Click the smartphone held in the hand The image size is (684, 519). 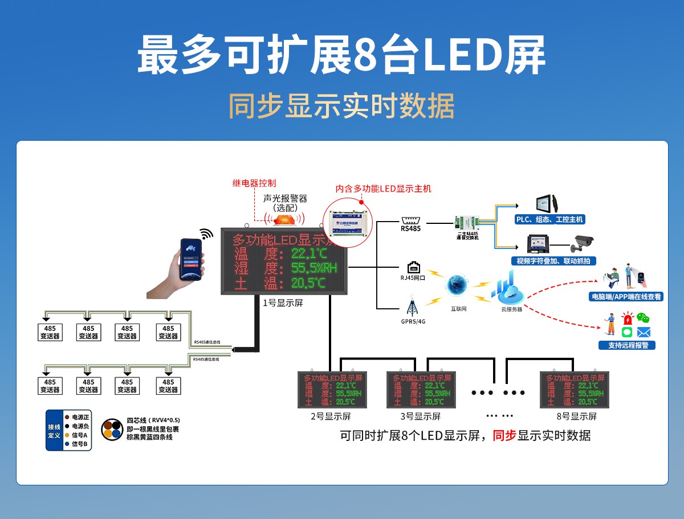click(191, 259)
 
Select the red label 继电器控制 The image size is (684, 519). click(254, 183)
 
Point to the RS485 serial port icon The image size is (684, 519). click(410, 220)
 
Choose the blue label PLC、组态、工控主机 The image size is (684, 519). click(549, 219)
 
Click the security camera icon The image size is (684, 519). click(584, 243)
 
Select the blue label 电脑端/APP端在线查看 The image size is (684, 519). click(626, 297)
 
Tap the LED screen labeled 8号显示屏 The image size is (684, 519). click(575, 390)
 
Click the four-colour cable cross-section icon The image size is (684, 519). click(112, 429)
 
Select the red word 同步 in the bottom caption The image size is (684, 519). click(504, 436)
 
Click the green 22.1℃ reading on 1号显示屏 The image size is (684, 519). click(308, 253)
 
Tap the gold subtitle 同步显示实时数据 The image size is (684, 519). click(341, 106)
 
